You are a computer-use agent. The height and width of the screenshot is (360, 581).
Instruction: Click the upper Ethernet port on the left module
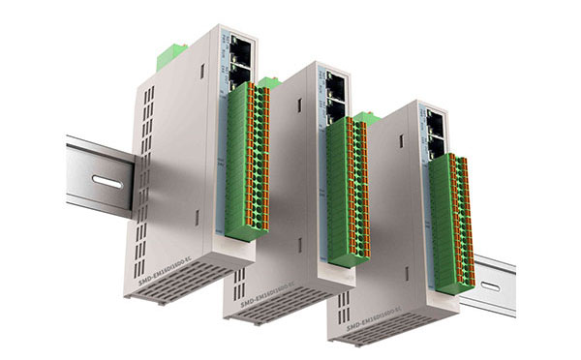coord(239,46)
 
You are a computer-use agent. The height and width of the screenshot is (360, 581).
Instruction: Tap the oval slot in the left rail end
coord(106,182)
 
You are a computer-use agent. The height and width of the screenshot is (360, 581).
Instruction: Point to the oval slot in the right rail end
coord(491,286)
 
